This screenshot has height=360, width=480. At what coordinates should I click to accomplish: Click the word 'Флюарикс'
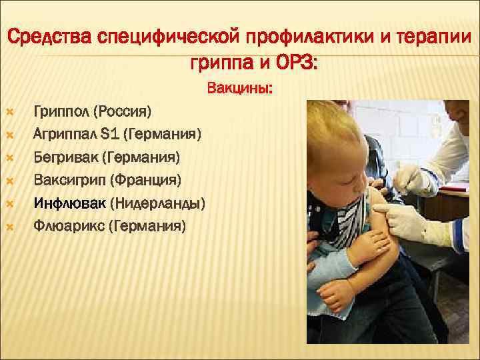point(70,225)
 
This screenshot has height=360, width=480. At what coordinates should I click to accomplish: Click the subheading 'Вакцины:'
point(239,88)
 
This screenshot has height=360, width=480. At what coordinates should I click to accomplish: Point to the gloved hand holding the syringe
point(408,179)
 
